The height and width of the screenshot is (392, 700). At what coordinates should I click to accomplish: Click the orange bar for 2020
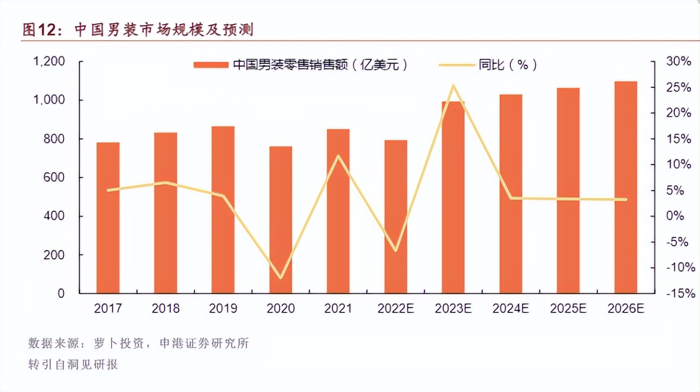(x=280, y=220)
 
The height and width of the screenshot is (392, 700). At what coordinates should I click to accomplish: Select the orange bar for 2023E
(x=453, y=198)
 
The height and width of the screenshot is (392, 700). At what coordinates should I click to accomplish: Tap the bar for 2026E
(x=626, y=187)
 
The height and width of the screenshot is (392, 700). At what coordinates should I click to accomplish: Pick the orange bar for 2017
(x=108, y=218)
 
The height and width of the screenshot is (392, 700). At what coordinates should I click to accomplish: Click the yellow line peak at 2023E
(x=453, y=86)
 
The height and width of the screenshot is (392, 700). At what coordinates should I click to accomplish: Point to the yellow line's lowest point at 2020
(x=280, y=278)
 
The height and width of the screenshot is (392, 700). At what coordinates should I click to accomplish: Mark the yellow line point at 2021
(x=338, y=155)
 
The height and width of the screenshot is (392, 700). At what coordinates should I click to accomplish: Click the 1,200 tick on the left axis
(x=49, y=61)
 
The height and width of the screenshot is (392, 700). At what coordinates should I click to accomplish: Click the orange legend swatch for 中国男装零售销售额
(x=211, y=65)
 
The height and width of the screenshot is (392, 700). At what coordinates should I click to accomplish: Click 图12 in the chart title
(x=38, y=30)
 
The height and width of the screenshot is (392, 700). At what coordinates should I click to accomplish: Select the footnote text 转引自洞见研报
(x=73, y=365)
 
